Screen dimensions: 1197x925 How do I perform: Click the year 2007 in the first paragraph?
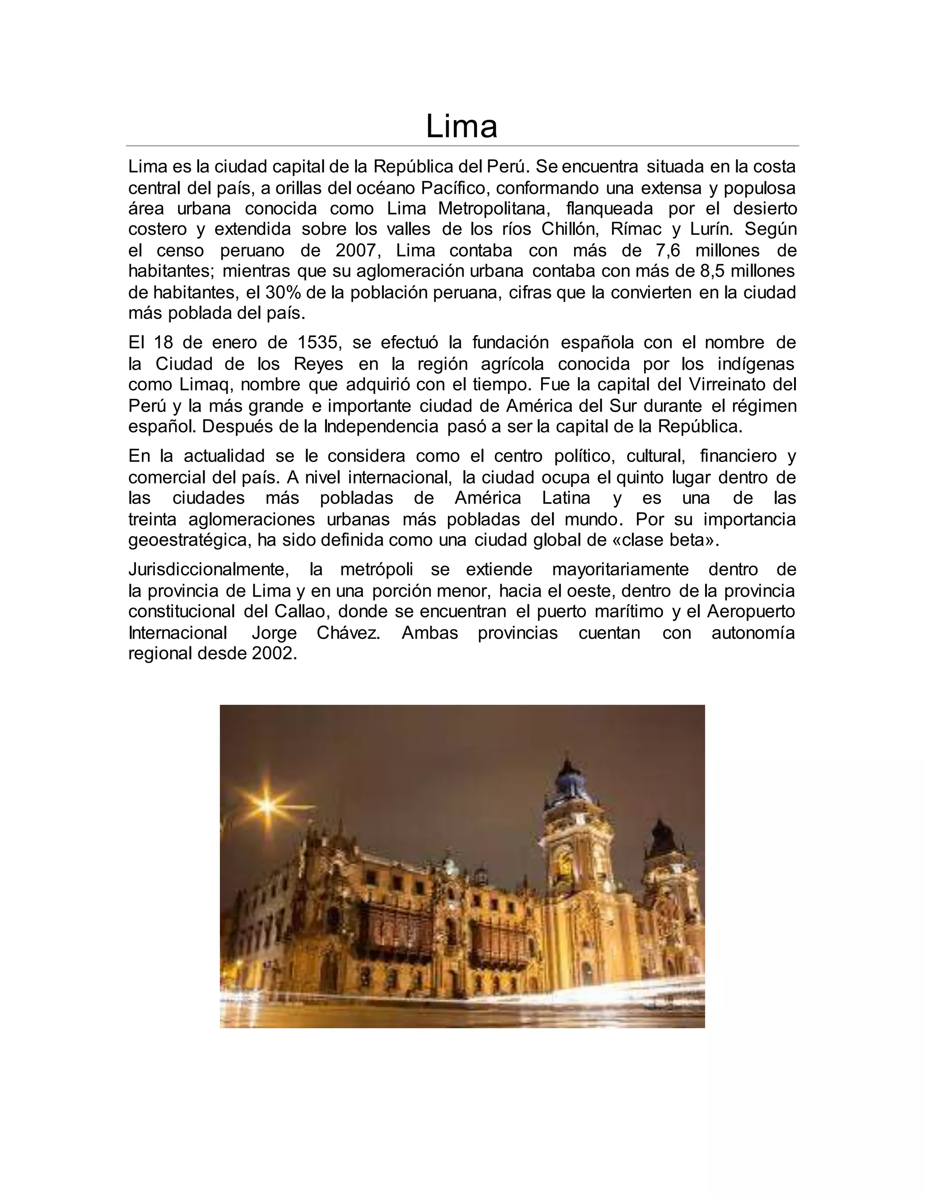click(355, 251)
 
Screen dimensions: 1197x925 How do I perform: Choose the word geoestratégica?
click(188, 540)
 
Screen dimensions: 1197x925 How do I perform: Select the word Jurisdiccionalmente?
click(209, 570)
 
